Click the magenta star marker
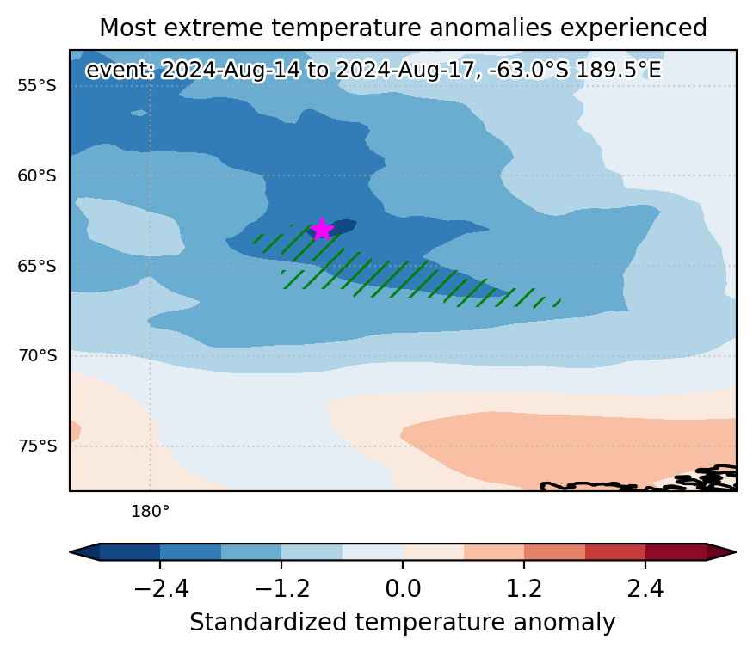(x=322, y=229)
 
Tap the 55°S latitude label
(x=37, y=86)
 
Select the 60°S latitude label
(x=37, y=176)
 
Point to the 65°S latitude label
(x=37, y=266)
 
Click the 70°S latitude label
(x=37, y=356)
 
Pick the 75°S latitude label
(x=37, y=446)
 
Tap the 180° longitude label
(x=151, y=512)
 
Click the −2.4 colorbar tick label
(x=161, y=588)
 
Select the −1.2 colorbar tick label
(x=282, y=588)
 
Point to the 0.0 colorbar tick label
(x=403, y=588)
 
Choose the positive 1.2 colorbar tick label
(x=524, y=588)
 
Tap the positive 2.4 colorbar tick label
(x=645, y=588)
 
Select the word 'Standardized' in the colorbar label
(x=268, y=622)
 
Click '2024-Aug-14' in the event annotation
(x=230, y=70)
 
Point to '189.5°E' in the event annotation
(x=619, y=70)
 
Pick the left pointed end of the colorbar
(x=70, y=552)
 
